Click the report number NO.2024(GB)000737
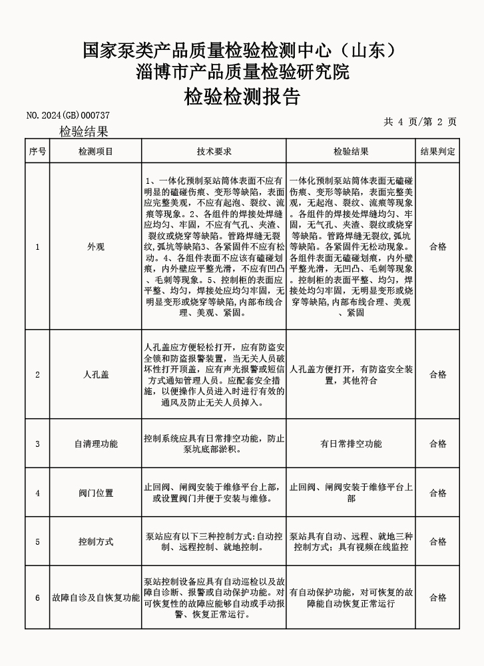click(x=68, y=115)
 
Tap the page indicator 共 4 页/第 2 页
click(x=420, y=121)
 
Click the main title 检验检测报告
click(x=242, y=97)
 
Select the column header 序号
click(x=37, y=152)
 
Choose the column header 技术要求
click(x=214, y=152)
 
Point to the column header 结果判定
click(x=437, y=152)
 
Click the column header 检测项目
click(x=96, y=152)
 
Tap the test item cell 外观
click(x=96, y=246)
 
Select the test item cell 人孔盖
click(x=96, y=374)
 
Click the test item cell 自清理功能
click(x=96, y=444)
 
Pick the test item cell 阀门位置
click(x=96, y=493)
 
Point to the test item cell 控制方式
click(x=96, y=541)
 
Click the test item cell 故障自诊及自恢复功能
click(x=96, y=597)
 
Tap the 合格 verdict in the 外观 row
click(x=437, y=246)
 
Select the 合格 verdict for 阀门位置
click(x=437, y=493)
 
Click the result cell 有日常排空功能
click(x=351, y=444)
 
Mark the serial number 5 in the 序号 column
click(x=37, y=541)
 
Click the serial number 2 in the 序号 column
click(x=37, y=374)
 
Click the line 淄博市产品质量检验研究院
click(x=242, y=71)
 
